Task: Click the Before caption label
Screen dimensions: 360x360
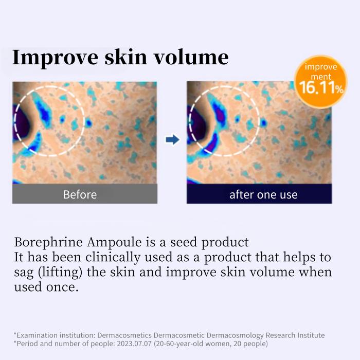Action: [80, 194]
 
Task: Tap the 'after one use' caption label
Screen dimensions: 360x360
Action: [263, 194]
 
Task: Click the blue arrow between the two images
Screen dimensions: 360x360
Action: [172, 139]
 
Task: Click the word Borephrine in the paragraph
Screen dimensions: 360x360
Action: [47, 242]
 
